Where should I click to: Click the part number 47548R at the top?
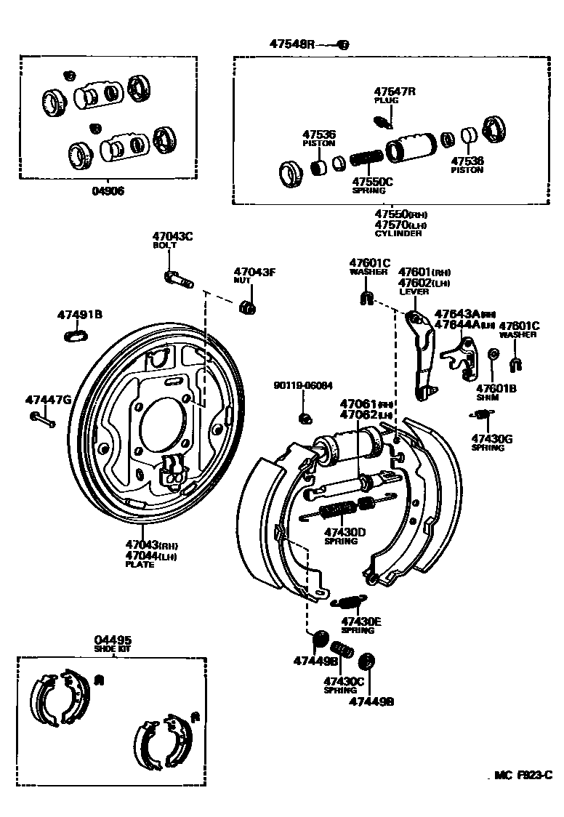[x=291, y=44]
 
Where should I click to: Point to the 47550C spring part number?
[x=372, y=182]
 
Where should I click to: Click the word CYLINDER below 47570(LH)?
[x=398, y=233]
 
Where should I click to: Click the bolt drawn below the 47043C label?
[x=177, y=278]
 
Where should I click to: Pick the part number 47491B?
[x=79, y=315]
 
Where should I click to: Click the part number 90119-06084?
[x=303, y=385]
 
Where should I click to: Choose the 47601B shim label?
[x=496, y=389]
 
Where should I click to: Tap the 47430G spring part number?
[x=491, y=438]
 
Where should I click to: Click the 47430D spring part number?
[x=345, y=531]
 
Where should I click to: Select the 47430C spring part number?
[x=343, y=681]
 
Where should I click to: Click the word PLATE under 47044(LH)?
[x=140, y=564]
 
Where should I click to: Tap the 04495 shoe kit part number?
[x=113, y=640]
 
